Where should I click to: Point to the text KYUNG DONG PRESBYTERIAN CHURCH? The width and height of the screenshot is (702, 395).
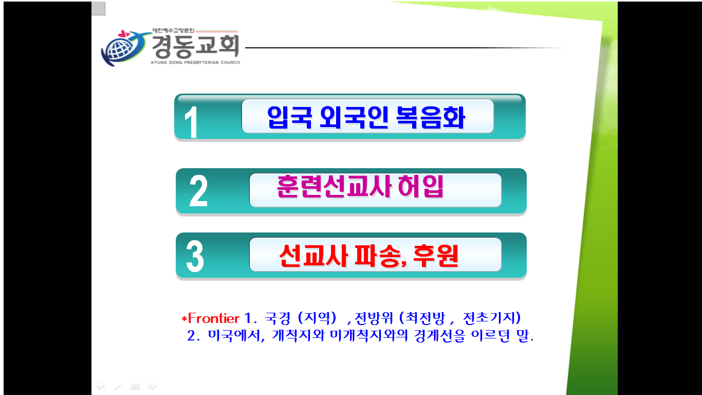pos(196,62)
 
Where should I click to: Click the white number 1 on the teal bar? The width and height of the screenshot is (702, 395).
pos(191,122)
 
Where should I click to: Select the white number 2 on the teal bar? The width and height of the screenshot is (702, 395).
pos(198,191)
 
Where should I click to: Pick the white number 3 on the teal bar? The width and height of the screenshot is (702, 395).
pos(195,256)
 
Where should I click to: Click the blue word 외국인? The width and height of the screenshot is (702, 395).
pos(354,117)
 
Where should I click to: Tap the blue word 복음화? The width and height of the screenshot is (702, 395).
pos(430,117)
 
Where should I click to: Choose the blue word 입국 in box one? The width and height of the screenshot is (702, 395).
pos(289,117)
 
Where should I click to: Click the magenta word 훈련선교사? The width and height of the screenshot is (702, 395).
pos(334,186)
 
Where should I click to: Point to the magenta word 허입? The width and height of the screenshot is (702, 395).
pos(420,186)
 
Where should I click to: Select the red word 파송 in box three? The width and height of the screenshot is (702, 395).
pos(378,256)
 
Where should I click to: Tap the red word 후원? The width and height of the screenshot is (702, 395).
pos(436,256)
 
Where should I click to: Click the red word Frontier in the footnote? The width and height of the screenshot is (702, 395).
pos(213,318)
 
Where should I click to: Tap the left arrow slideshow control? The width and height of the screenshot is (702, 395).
pos(100,386)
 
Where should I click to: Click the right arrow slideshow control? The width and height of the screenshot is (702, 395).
pos(152,386)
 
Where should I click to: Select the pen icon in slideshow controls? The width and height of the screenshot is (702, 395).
pos(118,387)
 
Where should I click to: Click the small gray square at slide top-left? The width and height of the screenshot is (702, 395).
pos(98,8)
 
